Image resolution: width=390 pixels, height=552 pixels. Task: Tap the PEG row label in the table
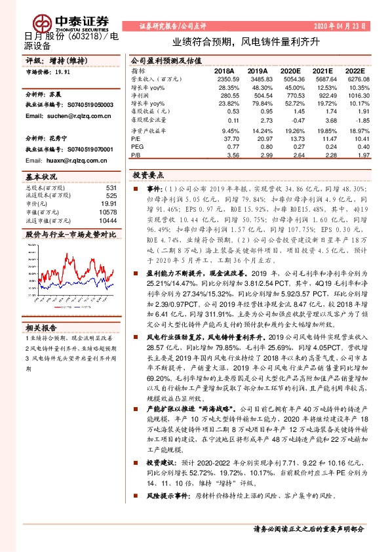(136, 147)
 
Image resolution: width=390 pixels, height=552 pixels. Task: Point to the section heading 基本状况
(41, 178)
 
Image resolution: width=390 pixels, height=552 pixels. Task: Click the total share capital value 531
(111, 188)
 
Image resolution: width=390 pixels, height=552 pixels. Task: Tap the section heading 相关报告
(41, 327)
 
